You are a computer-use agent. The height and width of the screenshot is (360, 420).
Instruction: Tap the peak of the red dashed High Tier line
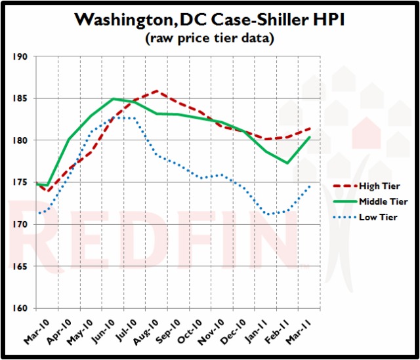click(156, 91)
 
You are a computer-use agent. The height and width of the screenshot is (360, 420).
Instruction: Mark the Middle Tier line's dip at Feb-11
click(287, 163)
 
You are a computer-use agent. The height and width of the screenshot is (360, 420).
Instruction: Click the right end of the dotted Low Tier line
click(310, 186)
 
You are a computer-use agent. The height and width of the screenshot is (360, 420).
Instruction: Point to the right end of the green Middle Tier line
click(310, 137)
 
